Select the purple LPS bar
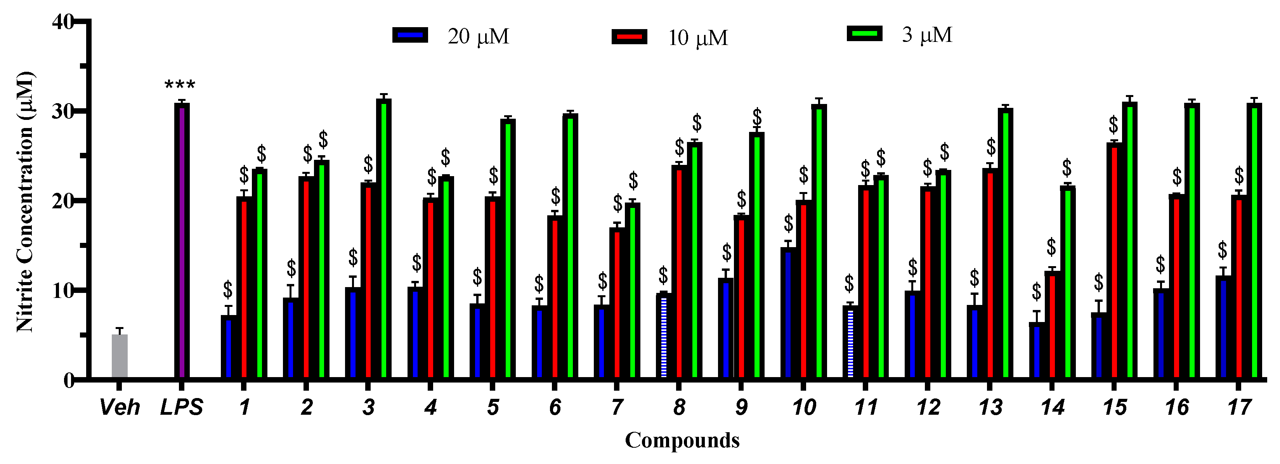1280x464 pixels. [x=182, y=241]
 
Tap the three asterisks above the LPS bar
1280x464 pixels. [x=180, y=85]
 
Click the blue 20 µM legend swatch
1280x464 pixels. [x=410, y=35]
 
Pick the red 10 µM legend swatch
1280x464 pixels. [x=629, y=37]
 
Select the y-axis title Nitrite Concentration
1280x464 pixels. [x=25, y=201]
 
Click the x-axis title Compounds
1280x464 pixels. [x=682, y=440]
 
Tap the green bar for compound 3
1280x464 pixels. [x=383, y=239]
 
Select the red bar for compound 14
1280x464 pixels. [x=1052, y=325]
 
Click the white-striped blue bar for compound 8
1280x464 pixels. [x=664, y=336]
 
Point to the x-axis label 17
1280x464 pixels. [x=1239, y=408]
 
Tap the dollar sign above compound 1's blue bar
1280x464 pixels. [x=227, y=288]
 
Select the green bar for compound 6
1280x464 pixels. [x=570, y=246]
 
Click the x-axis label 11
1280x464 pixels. [x=865, y=408]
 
